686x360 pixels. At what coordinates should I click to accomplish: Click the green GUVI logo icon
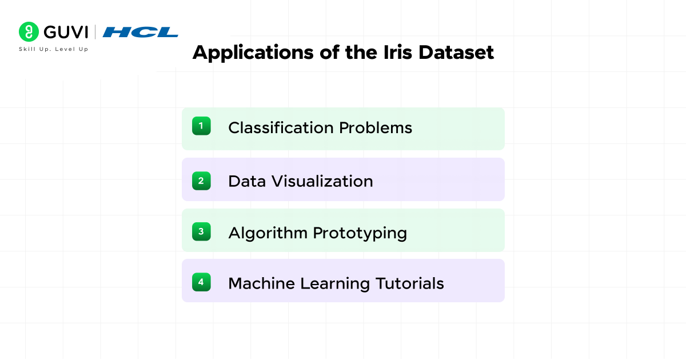coord(29,32)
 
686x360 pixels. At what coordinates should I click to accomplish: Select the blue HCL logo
coord(140,32)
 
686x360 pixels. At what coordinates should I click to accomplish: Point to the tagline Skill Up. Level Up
coord(54,49)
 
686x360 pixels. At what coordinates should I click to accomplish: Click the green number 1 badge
coord(201,126)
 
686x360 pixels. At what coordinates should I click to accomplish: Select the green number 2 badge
coord(201,181)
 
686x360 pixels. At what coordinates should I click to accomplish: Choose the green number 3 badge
coord(201,231)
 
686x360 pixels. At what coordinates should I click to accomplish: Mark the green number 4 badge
coord(201,282)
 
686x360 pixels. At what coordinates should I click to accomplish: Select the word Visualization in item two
coord(322,182)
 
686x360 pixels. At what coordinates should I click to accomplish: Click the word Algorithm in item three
coord(268,233)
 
